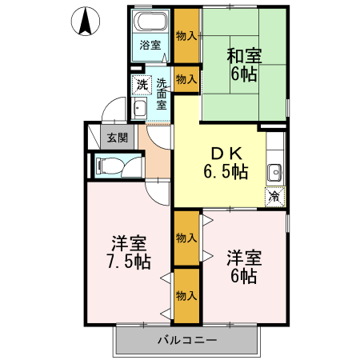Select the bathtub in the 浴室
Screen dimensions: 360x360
coord(150,22)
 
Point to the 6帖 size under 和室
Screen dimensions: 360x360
coord(243,76)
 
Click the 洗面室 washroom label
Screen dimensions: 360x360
coord(162,93)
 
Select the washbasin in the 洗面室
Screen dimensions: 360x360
coord(139,110)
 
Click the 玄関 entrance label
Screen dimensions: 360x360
coord(118,138)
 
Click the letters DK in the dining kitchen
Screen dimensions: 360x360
coord(224,153)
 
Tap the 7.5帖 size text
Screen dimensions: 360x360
coord(128,262)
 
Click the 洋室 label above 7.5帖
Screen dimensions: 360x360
coord(128,242)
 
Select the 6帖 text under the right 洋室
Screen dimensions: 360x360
coord(243,277)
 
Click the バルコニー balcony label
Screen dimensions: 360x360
coord(186,341)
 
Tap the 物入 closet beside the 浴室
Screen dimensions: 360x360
coord(186,35)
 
